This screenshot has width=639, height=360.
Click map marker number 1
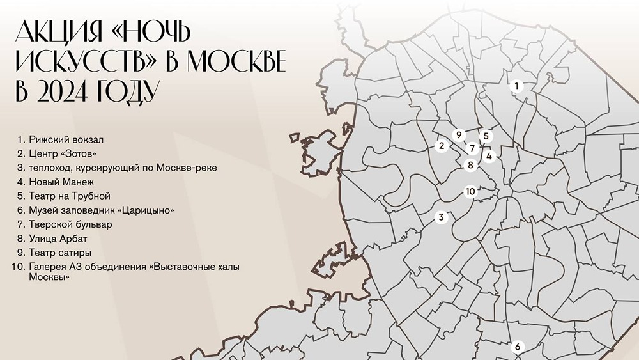(517, 86)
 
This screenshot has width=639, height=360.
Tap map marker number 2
(441, 146)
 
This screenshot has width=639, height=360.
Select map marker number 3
(441, 218)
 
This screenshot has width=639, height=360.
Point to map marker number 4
(489, 155)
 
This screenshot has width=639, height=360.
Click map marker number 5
(486, 136)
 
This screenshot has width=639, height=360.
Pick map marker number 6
(518, 347)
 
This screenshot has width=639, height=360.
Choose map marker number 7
(472, 148)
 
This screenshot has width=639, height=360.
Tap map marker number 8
(470, 165)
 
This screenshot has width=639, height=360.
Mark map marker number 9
(458, 135)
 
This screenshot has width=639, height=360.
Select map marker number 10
(470, 191)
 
